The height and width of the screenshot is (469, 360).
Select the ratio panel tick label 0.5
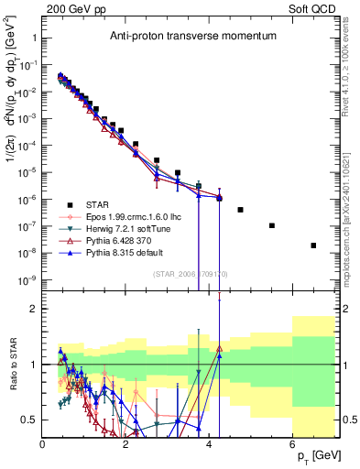click(x=30, y=420)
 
